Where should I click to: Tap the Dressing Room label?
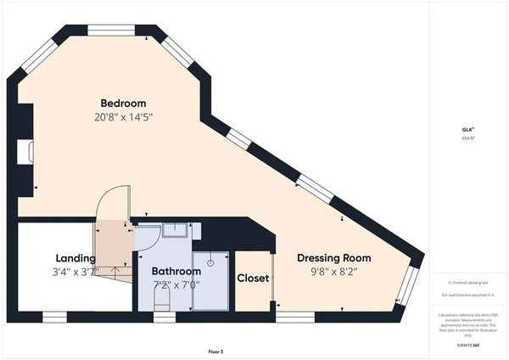(x=333, y=258)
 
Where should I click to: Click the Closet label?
(x=253, y=278)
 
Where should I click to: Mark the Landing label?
(x=76, y=258)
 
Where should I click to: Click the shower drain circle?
(x=210, y=262)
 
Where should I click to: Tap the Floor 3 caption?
(x=215, y=351)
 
